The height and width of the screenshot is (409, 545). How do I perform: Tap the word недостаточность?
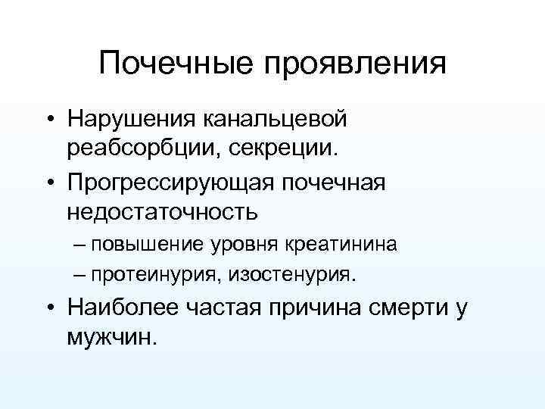163,211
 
